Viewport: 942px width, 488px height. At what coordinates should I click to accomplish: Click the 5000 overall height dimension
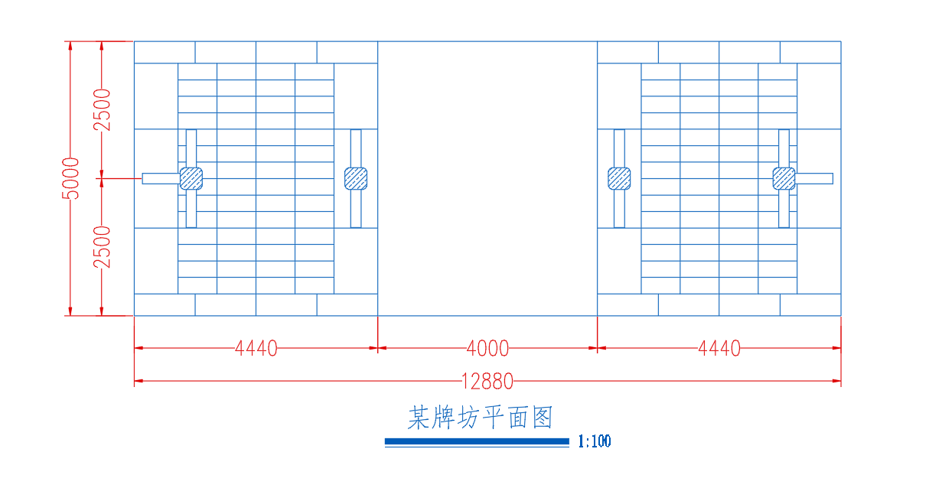coord(70,178)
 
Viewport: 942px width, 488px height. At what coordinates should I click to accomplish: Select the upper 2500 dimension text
coord(102,109)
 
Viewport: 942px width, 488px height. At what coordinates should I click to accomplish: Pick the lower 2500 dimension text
coord(102,246)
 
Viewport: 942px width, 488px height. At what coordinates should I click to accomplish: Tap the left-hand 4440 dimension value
coord(256,349)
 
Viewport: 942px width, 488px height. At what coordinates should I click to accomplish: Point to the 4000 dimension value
coord(487,349)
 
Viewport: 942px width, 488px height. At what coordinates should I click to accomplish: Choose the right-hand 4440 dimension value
coord(719,349)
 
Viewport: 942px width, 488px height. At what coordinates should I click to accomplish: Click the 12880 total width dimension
coord(487,380)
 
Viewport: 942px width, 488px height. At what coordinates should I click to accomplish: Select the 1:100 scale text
coord(595,441)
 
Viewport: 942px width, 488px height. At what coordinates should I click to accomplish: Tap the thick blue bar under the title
coord(477,441)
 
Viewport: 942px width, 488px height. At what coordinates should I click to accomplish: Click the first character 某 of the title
coord(419,418)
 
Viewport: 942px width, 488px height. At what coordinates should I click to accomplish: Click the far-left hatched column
coord(191,178)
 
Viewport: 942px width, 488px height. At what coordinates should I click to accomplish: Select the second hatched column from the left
coord(356,178)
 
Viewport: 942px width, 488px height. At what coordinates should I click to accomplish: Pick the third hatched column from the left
coord(619,178)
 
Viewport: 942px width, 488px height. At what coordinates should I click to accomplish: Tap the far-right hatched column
coord(784,178)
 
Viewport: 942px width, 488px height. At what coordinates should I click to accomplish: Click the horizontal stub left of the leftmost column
coord(160,178)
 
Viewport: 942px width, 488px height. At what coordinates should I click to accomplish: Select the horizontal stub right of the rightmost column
coord(815,178)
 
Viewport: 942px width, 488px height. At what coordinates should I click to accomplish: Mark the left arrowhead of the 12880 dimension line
coord(139,380)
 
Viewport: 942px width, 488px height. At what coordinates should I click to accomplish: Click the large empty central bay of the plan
coord(487,178)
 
